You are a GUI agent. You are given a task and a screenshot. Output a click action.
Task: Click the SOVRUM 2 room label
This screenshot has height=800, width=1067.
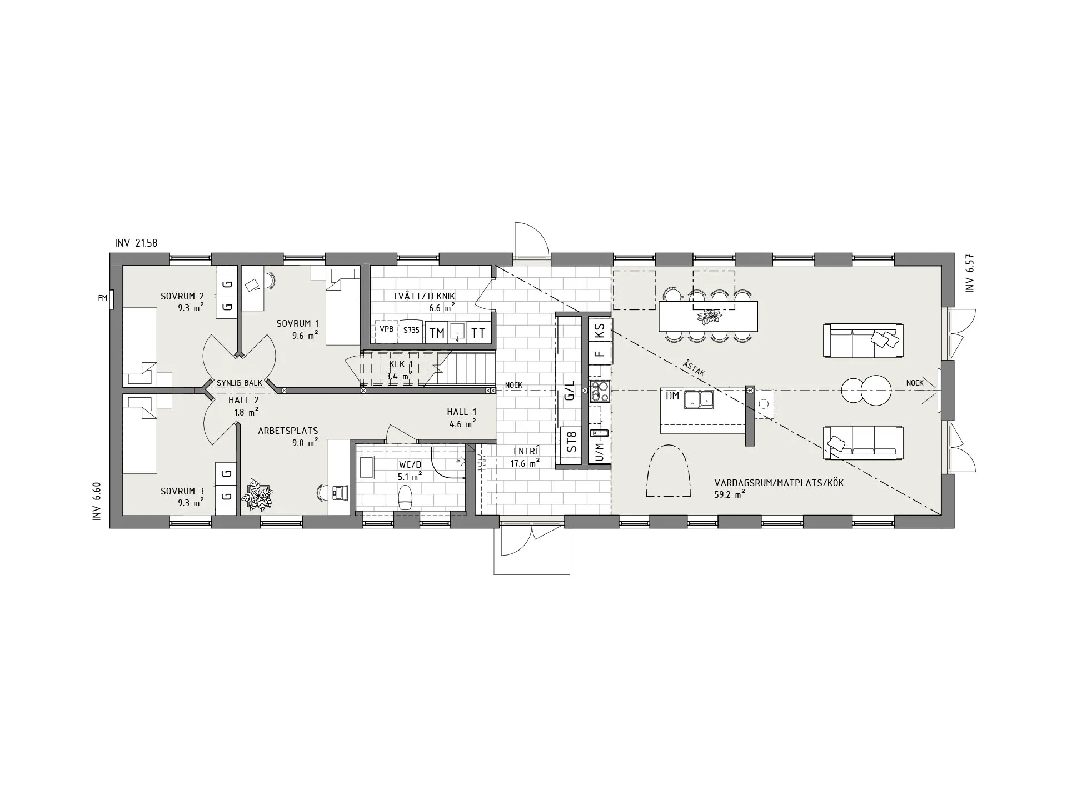click(182, 297)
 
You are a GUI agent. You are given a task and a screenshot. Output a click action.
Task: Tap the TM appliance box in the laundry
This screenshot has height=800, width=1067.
click(437, 333)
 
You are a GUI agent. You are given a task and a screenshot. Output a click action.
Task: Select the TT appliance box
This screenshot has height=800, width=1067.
click(478, 333)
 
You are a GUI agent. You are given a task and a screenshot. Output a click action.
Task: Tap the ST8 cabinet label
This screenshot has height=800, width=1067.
click(571, 442)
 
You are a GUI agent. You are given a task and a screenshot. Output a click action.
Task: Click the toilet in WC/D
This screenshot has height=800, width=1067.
click(405, 497)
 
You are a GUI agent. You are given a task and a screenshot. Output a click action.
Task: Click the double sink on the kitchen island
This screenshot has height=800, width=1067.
click(699, 399)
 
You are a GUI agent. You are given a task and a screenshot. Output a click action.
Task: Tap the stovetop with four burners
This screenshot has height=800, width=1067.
click(600, 392)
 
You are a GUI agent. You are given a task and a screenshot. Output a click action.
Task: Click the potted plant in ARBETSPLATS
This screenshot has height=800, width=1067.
click(257, 495)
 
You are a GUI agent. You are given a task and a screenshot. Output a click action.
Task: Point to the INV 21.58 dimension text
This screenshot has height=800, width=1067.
click(136, 243)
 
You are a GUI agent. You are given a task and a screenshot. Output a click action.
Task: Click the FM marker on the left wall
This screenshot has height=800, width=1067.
click(102, 298)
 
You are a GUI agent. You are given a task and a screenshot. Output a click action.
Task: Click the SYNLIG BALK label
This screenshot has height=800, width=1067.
click(240, 383)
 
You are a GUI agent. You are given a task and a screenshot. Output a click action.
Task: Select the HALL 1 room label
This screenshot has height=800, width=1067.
click(462, 412)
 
